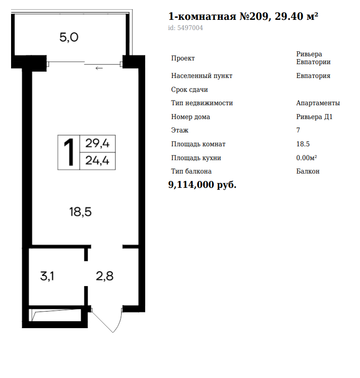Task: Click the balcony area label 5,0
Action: tap(69, 37)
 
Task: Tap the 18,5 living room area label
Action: tap(80, 212)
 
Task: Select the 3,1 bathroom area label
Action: tap(47, 276)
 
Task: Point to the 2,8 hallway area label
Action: tap(105, 276)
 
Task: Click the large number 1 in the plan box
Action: tap(69, 152)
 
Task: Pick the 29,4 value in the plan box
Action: tap(97, 144)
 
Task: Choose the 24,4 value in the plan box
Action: tap(97, 161)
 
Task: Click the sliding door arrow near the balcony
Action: tap(99, 68)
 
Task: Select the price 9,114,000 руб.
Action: tap(202, 185)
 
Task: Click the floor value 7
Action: tap(298, 130)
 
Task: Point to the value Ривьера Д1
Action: tap(314, 117)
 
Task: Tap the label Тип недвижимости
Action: tap(202, 103)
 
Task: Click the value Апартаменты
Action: tap(318, 103)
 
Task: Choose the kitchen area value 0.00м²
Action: tap(307, 158)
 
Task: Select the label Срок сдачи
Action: tap(189, 90)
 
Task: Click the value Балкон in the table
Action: tap(308, 171)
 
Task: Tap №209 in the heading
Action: tap(254, 16)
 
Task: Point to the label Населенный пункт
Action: tap(202, 76)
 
